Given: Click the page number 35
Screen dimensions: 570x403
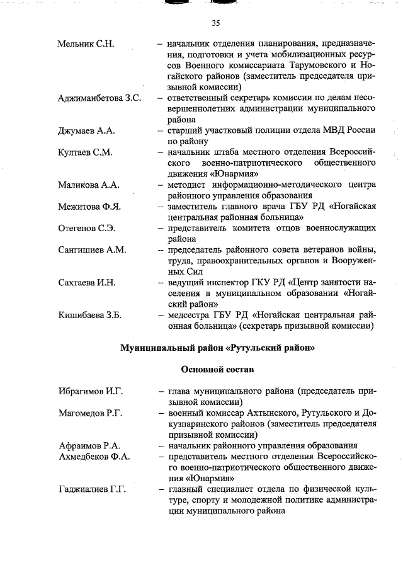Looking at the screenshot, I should tap(216, 23).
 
